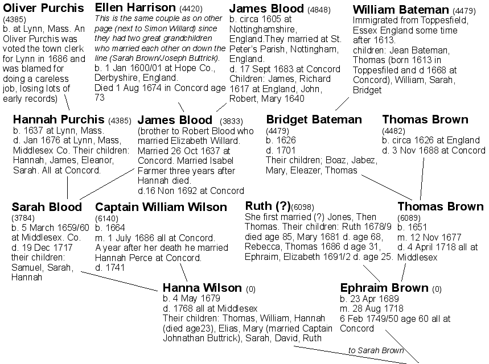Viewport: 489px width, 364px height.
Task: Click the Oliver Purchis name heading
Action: point(43,8)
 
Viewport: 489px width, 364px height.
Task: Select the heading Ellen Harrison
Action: point(135,7)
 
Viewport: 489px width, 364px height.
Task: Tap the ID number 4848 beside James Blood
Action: point(319,10)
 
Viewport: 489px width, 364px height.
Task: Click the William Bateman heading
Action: point(401,10)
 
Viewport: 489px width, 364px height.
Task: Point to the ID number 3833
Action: point(231,121)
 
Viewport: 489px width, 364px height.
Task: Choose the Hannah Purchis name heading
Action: point(59,119)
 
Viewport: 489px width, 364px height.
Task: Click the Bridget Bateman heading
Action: point(314,119)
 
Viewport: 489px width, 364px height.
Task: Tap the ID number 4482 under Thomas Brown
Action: point(393,131)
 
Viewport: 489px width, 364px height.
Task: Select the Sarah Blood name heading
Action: point(47,207)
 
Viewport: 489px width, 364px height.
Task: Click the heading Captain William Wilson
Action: point(161,207)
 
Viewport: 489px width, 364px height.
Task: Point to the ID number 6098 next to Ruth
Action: point(302,207)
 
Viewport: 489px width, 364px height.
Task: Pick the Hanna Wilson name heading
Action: point(202,287)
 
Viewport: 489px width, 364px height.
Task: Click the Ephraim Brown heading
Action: point(384,287)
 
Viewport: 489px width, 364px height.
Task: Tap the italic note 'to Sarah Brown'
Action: point(376,350)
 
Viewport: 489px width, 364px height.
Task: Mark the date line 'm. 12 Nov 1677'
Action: point(429,237)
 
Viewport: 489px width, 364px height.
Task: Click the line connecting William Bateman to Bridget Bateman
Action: point(342,104)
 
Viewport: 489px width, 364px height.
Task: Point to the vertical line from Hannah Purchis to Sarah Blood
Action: point(67,188)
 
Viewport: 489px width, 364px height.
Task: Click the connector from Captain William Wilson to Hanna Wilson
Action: point(183,272)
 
